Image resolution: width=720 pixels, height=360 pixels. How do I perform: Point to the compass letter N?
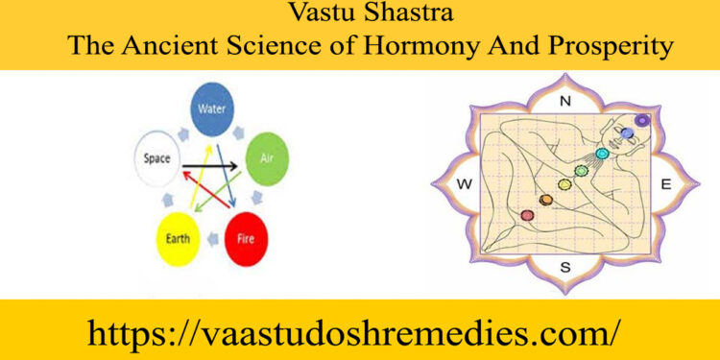pyautogui.click(x=564, y=101)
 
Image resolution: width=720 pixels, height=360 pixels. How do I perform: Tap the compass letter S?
pyautogui.click(x=564, y=267)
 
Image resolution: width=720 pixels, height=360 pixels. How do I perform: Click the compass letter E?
pyautogui.click(x=664, y=182)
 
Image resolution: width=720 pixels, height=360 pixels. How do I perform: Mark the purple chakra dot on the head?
pyautogui.click(x=642, y=120)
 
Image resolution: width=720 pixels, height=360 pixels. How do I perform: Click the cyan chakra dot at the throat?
pyautogui.click(x=603, y=154)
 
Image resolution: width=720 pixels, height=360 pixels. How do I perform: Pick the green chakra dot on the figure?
pyautogui.click(x=580, y=171)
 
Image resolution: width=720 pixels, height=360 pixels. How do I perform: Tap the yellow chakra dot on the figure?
pyautogui.click(x=564, y=183)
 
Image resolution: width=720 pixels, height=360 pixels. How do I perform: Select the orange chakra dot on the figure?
pyautogui.click(x=546, y=199)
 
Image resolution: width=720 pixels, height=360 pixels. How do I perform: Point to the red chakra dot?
pyautogui.click(x=526, y=214)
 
